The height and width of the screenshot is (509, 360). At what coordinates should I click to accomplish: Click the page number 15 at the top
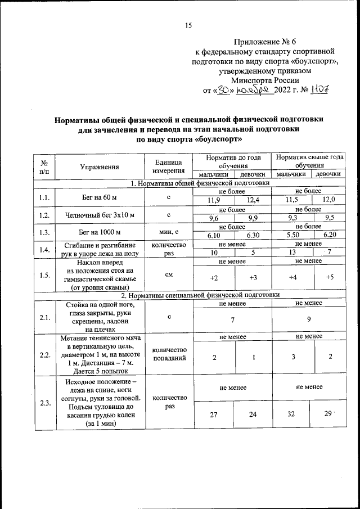188,24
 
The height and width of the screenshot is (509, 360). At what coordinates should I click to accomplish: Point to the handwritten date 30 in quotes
225,89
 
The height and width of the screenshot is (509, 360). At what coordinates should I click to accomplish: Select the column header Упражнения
99,166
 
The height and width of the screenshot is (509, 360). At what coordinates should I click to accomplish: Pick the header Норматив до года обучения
233,162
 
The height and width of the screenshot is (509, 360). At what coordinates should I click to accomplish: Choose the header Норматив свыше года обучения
309,162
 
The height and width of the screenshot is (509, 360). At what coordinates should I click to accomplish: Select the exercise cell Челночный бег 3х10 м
99,216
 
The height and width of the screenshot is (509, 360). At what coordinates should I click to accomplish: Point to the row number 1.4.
44,250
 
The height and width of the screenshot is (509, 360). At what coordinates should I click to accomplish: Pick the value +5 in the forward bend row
330,277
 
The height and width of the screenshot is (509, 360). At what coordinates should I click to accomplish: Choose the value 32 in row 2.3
292,415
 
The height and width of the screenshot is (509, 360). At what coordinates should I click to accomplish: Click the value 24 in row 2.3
252,415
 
